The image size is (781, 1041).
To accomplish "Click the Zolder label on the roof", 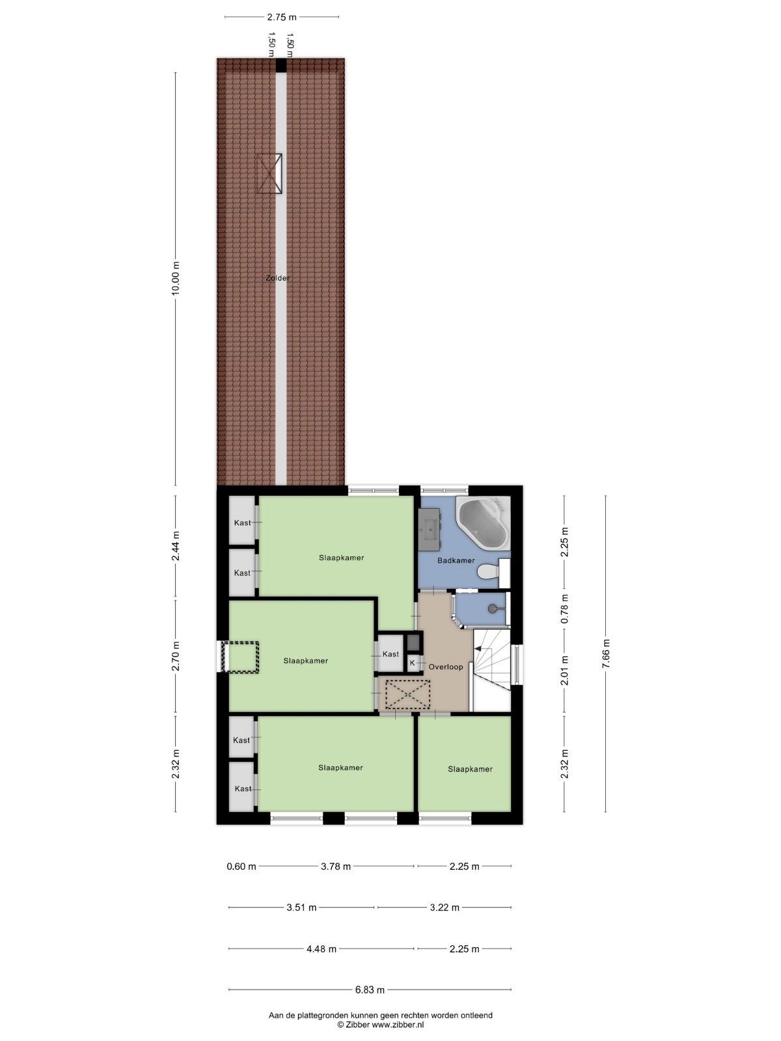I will click(277, 278).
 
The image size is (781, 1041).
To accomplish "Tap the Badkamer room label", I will click(456, 560).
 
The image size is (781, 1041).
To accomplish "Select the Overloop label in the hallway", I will click(446, 667).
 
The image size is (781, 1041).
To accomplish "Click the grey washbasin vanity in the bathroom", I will click(431, 527).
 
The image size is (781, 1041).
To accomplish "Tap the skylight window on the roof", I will click(269, 173).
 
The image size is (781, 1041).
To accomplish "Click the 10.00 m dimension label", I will click(175, 278).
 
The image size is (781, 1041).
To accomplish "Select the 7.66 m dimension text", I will click(606, 654).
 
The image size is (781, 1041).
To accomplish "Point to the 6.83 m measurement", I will click(370, 990).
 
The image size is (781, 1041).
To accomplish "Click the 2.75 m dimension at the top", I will click(281, 18).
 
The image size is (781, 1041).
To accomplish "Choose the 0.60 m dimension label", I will click(241, 866).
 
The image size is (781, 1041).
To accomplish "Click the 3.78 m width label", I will click(336, 866).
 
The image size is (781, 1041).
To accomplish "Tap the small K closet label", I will click(412, 663).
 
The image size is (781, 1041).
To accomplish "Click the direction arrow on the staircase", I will click(479, 649).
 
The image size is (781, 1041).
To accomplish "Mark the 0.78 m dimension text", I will click(564, 609).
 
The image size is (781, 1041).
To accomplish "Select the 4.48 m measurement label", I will click(322, 949).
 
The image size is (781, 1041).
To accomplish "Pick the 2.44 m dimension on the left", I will click(175, 547).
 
